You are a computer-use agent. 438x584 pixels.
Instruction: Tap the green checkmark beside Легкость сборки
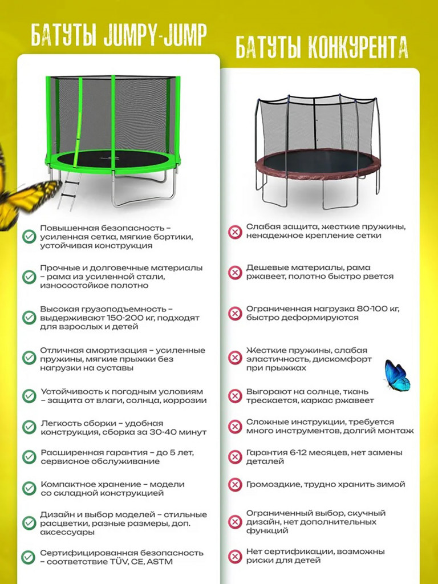[29, 427]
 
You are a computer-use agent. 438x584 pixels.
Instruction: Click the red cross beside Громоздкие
[234, 485]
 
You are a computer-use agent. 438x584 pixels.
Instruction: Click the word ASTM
[160, 562]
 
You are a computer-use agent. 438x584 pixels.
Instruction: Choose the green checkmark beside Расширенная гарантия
[29, 457]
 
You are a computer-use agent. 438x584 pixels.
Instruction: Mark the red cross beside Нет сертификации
[234, 557]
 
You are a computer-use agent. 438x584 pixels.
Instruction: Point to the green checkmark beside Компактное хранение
[29, 488]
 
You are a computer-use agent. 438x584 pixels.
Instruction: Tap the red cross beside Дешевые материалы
[234, 272]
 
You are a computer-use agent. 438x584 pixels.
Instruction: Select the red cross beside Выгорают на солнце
[234, 396]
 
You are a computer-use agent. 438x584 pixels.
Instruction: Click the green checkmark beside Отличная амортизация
[29, 358]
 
